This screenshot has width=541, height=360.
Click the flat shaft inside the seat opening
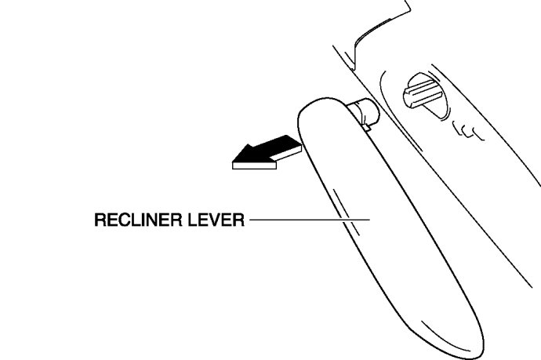(x=423, y=93)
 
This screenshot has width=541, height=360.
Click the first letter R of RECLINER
(x=100, y=221)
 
